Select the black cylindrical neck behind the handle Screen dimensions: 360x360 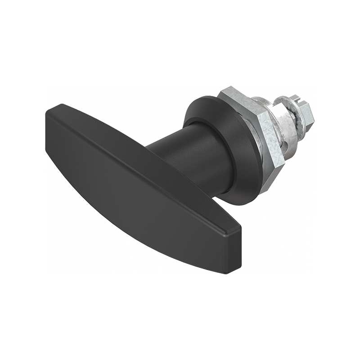(189, 148)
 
